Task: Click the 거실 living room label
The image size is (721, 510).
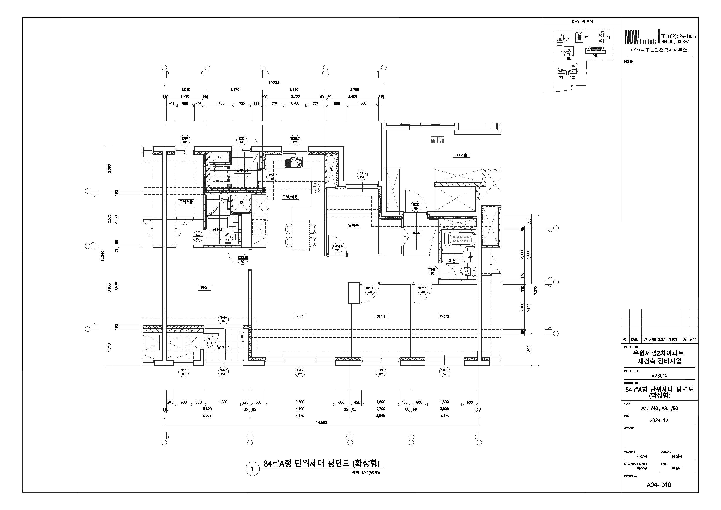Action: click(300, 316)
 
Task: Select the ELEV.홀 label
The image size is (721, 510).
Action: click(461, 155)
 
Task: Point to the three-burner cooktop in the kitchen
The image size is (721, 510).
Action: click(317, 188)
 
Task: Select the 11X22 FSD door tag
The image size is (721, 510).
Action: click(416, 206)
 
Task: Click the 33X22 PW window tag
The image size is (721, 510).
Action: click(300, 372)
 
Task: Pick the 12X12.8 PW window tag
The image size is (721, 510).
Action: click(295, 140)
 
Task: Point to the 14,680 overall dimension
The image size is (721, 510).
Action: click(321, 422)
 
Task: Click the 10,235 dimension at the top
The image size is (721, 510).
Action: click(273, 83)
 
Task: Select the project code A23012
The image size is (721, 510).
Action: click(659, 375)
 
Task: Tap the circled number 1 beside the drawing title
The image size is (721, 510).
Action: click(252, 469)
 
